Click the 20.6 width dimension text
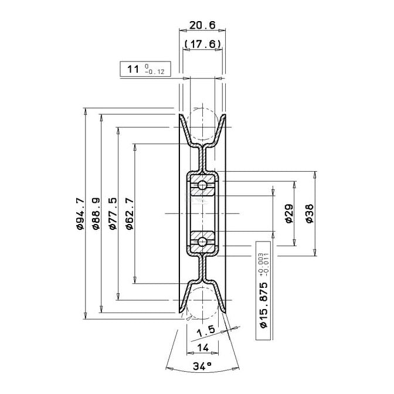click(x=202, y=25)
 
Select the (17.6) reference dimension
click(x=202, y=44)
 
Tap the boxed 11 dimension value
click(x=133, y=69)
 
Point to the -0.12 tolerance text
click(x=155, y=72)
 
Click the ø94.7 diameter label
click(x=80, y=213)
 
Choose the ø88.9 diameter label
click(x=96, y=213)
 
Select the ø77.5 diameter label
click(x=113, y=213)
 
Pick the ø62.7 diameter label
click(x=130, y=213)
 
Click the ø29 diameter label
click(x=289, y=213)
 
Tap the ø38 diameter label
click(x=310, y=213)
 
